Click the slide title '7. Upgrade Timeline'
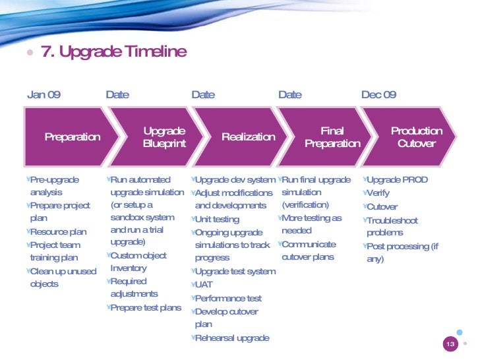[x=114, y=51]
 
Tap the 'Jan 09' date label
[x=44, y=94]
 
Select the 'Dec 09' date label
[x=378, y=94]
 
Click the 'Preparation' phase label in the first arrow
[x=72, y=137]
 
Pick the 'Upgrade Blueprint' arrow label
[x=164, y=137]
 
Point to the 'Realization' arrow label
[x=248, y=137]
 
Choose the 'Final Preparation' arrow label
[x=332, y=137]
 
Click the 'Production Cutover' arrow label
[x=416, y=137]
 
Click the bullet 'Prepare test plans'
[x=146, y=308]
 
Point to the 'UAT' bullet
[x=204, y=285]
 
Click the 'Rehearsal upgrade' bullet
[x=232, y=338]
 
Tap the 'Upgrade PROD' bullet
[x=397, y=180]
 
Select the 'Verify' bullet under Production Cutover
[x=378, y=193]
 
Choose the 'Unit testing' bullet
[x=217, y=219]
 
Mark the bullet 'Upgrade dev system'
[x=235, y=180]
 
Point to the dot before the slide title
[x=30, y=53]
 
